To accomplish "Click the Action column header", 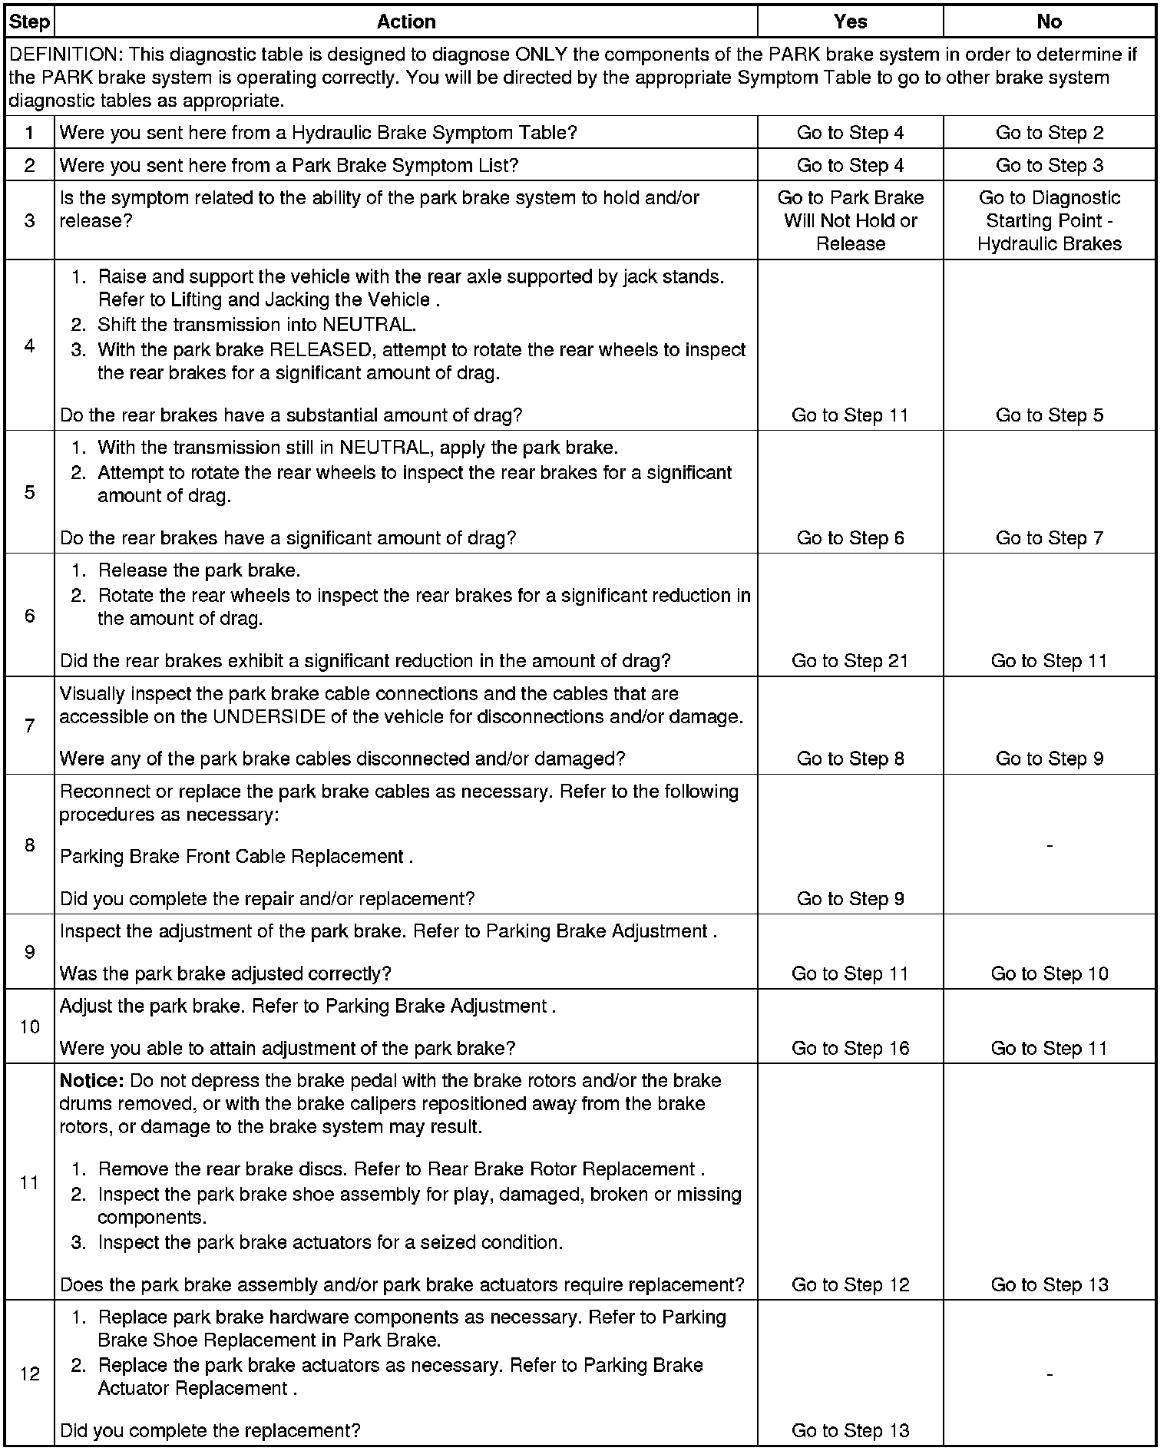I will pos(406,21).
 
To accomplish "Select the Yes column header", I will pos(850,21).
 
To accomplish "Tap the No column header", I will pos(1049,21).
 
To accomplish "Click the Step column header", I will pos(29,21).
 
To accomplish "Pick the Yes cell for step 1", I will pos(850,133).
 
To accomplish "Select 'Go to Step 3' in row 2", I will pos(1049,165).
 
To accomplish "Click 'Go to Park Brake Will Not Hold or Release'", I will pos(850,220).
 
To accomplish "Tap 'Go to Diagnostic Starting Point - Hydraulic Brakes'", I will pos(1049,220).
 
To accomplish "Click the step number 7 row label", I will pos(29,725).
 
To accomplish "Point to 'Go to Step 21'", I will pos(850,661).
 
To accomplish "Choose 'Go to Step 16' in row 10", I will pos(850,1048).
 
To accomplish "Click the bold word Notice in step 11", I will pos(91,1081).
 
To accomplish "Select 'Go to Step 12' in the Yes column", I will pos(850,1284).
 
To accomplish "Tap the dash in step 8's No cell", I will pos(1049,844).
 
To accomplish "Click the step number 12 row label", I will pos(29,1373).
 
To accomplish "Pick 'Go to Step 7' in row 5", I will pos(1049,538).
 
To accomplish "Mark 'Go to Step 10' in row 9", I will pos(1049,973).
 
